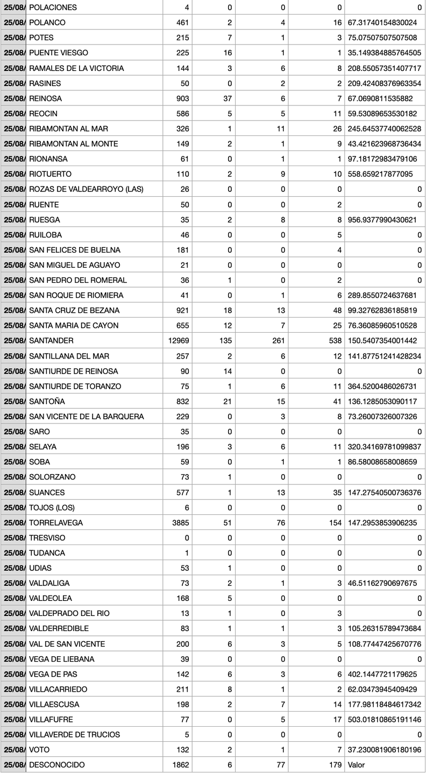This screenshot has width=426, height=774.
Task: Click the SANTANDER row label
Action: click(x=51, y=341)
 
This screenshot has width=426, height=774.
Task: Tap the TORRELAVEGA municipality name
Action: click(x=55, y=522)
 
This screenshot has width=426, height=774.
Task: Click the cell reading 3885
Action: click(x=181, y=522)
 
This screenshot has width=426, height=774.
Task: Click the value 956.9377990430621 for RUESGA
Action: click(x=386, y=219)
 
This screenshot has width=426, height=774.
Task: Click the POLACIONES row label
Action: click(x=53, y=8)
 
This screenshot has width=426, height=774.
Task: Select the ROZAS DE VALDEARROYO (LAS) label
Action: click(x=86, y=189)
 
